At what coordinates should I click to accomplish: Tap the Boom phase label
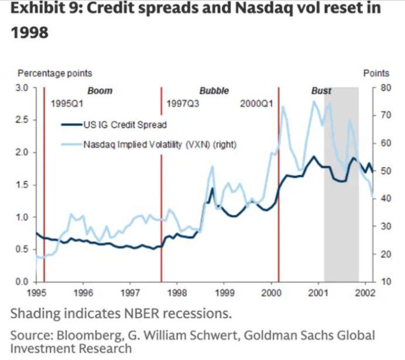click(x=99, y=91)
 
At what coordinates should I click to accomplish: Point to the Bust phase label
click(x=321, y=91)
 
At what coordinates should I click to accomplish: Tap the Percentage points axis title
click(x=54, y=74)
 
